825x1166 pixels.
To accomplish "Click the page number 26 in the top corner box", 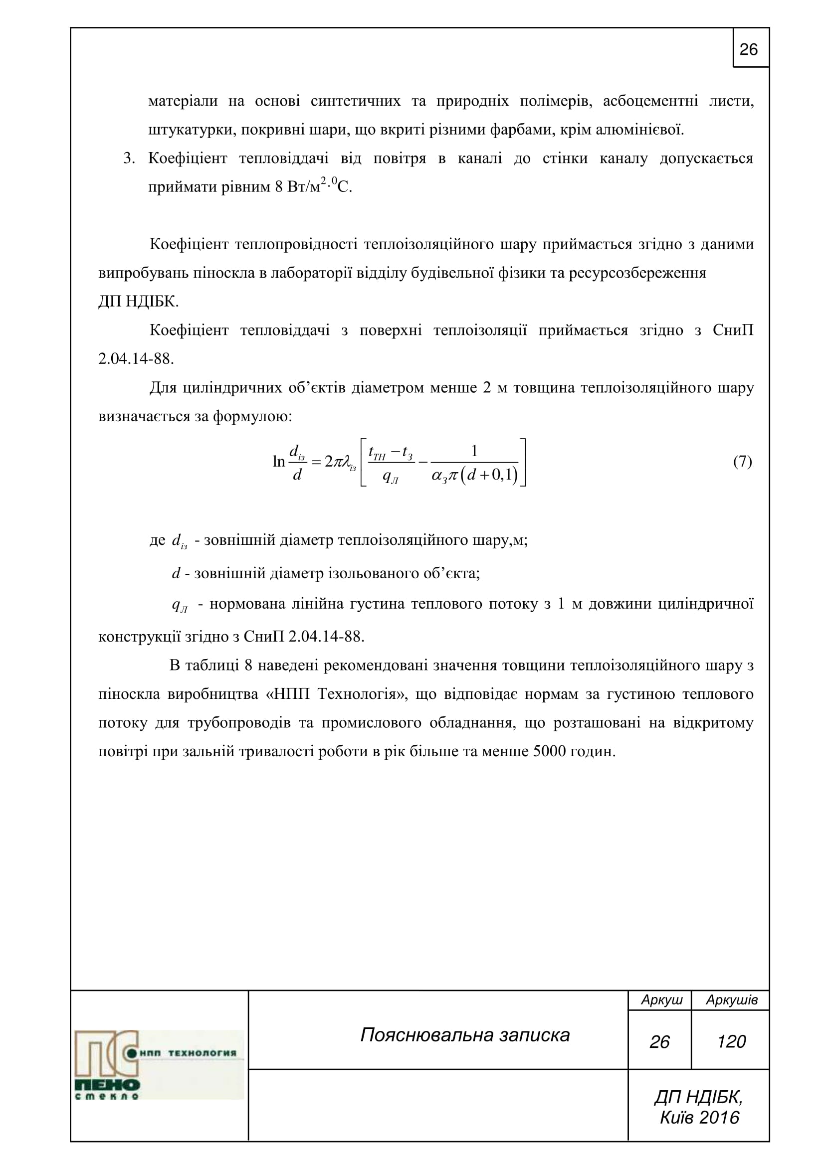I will [748, 50].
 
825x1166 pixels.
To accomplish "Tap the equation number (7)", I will [742, 462].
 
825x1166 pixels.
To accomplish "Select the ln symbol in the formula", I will [279, 462].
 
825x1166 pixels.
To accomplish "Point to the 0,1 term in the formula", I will [503, 477].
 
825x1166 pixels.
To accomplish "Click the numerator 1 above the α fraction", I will [474, 451].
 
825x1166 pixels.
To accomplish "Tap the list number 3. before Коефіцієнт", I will [129, 159].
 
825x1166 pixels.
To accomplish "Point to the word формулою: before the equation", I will [252, 416].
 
